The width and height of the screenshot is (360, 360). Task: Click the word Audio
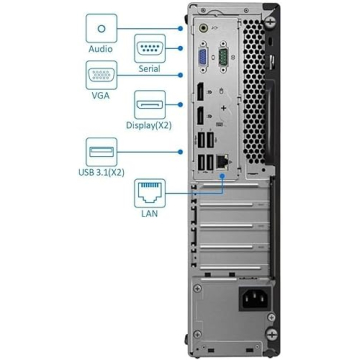point(100,46)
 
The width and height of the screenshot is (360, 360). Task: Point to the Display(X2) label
point(151,127)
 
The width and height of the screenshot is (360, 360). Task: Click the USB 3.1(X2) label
point(100,171)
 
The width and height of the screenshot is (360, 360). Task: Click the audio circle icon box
point(100,24)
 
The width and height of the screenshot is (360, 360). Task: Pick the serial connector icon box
point(150,47)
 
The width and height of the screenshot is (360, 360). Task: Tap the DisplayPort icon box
point(150,105)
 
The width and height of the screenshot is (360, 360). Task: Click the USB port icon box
point(100,151)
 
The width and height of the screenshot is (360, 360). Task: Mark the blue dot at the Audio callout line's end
point(181,31)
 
